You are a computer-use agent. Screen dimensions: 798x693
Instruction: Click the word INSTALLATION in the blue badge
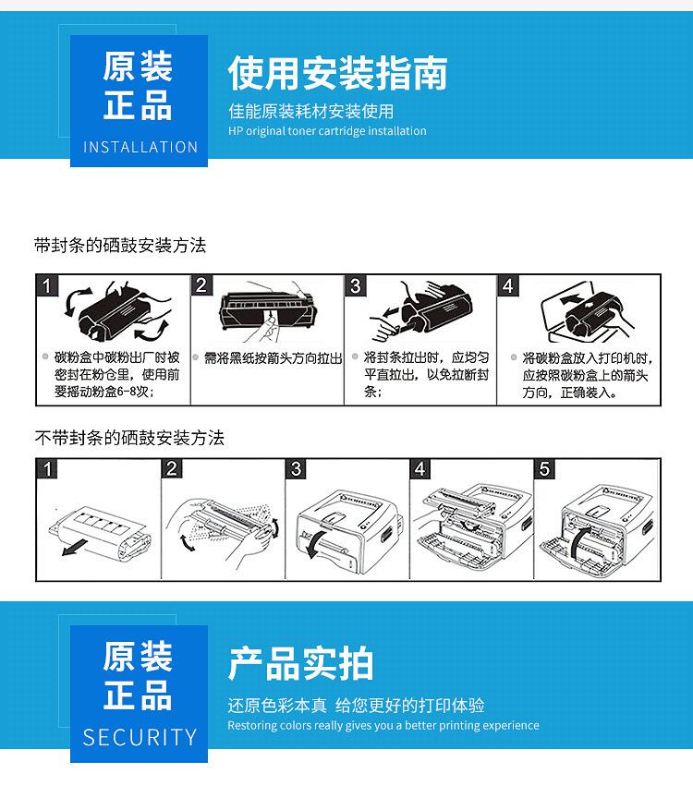click(x=140, y=147)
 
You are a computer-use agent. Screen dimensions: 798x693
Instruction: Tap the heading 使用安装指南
click(x=337, y=73)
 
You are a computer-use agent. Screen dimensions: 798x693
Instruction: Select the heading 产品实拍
click(x=300, y=663)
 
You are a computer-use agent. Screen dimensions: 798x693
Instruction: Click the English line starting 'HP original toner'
click(x=327, y=131)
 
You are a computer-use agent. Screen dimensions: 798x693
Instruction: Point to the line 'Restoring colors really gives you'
click(x=383, y=725)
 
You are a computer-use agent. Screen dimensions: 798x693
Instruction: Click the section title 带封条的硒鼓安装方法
click(x=120, y=246)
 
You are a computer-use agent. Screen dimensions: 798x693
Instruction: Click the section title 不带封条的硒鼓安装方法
click(x=129, y=438)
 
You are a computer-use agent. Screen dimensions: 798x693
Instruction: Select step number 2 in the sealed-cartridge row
click(x=201, y=285)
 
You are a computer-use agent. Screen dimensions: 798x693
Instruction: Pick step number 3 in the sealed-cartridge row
click(x=356, y=285)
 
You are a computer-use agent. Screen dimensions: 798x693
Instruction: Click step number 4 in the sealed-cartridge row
click(x=507, y=285)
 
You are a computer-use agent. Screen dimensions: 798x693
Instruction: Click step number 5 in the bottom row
click(x=545, y=469)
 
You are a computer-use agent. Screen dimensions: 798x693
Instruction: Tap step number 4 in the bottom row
click(x=420, y=469)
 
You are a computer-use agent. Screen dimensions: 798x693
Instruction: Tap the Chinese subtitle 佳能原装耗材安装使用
click(x=311, y=112)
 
